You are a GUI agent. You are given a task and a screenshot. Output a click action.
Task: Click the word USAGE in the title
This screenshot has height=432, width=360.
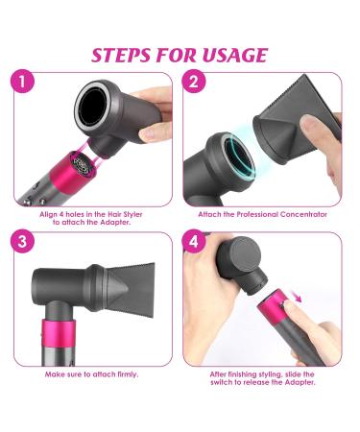[x=229, y=54]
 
